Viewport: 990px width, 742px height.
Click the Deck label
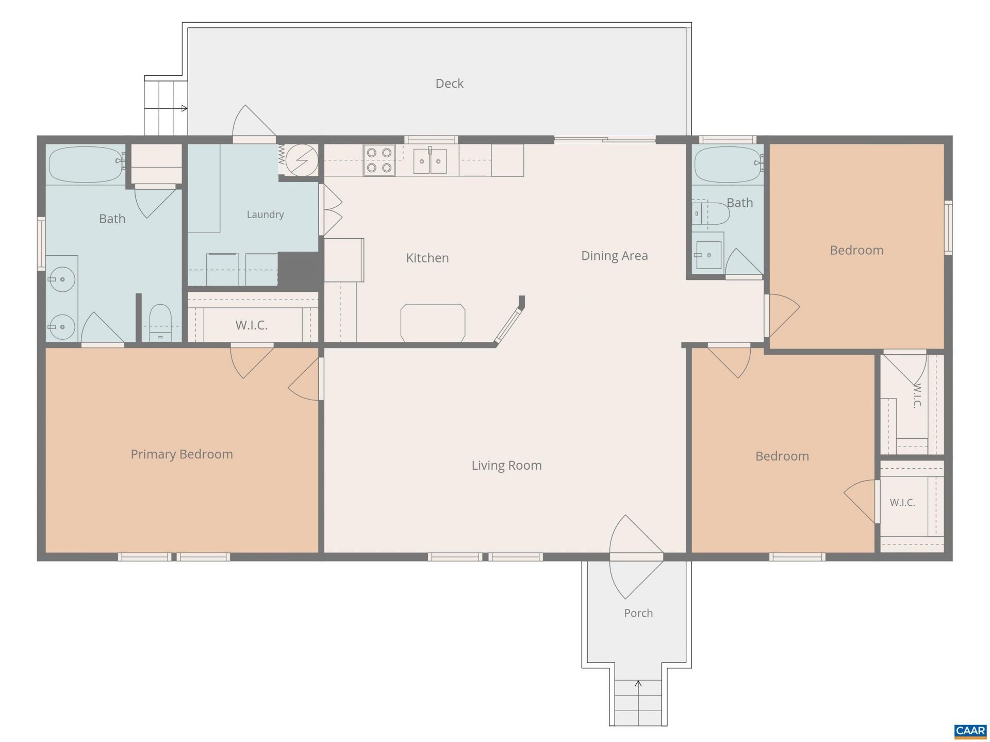(x=449, y=84)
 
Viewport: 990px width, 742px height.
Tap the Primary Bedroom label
(x=181, y=454)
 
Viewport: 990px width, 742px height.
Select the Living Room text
(x=506, y=466)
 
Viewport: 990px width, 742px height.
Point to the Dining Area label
(x=614, y=256)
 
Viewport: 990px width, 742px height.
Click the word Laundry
(x=265, y=215)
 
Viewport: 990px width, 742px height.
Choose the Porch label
(x=638, y=613)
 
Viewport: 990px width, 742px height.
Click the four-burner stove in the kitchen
(x=379, y=160)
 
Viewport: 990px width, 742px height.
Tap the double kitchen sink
(x=431, y=161)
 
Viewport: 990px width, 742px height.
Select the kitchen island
(x=433, y=323)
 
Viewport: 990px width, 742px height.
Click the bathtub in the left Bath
(x=87, y=164)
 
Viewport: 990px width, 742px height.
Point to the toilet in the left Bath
(x=160, y=323)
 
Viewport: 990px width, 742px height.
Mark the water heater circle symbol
(x=302, y=160)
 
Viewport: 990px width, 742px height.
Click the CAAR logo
(x=970, y=731)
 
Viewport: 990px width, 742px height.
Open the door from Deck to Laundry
(x=254, y=124)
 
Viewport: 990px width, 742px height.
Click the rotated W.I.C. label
(x=917, y=395)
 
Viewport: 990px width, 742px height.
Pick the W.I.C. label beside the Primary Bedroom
(x=252, y=325)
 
